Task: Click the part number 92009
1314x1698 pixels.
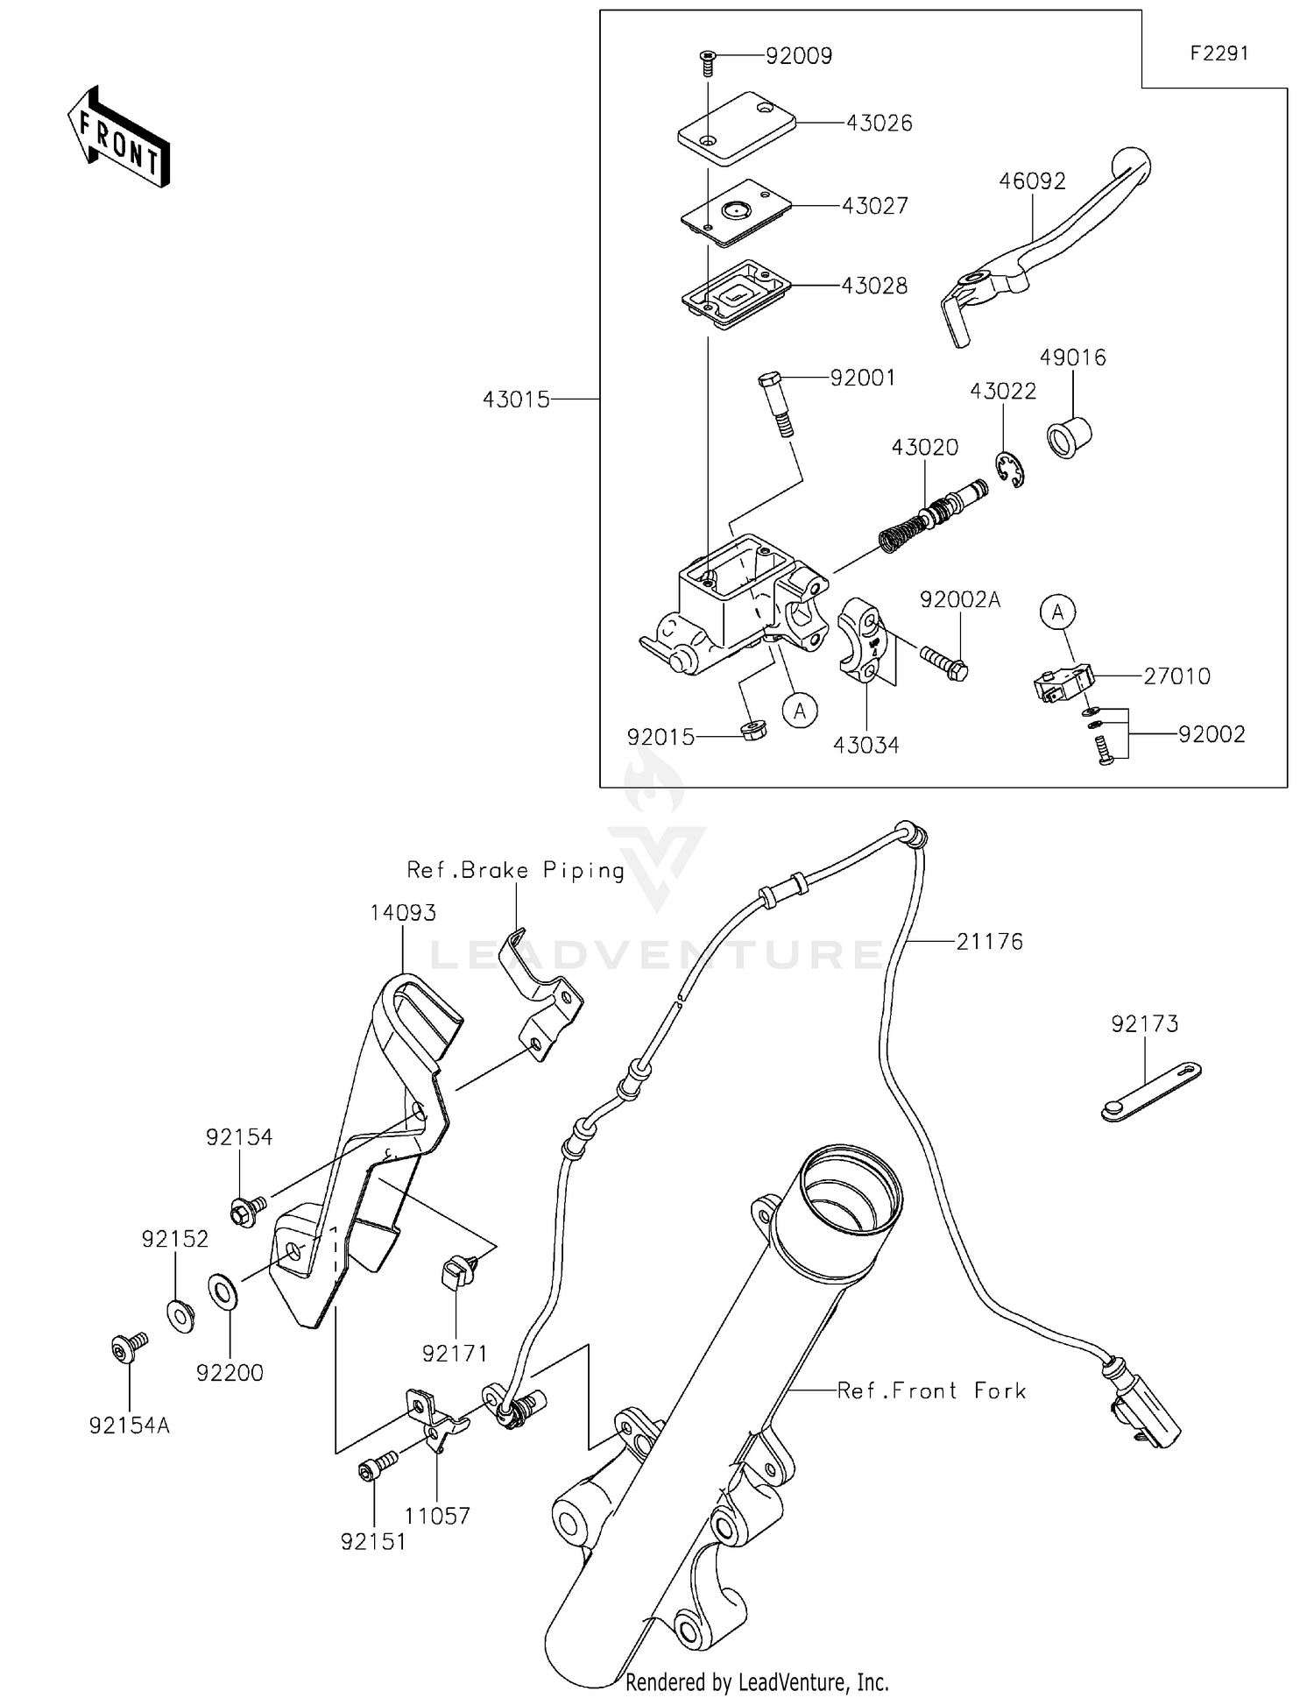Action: tap(798, 56)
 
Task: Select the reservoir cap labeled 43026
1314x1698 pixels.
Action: tap(736, 128)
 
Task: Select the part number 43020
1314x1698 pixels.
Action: tap(924, 447)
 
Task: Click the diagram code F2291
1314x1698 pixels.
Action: tap(1219, 53)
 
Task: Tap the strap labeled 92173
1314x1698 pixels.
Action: tap(1149, 1091)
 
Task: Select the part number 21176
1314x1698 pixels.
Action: tap(989, 942)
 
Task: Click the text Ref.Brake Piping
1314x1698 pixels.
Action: tap(515, 870)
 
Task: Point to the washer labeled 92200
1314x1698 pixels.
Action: tap(221, 1291)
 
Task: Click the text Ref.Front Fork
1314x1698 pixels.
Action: tap(931, 1390)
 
